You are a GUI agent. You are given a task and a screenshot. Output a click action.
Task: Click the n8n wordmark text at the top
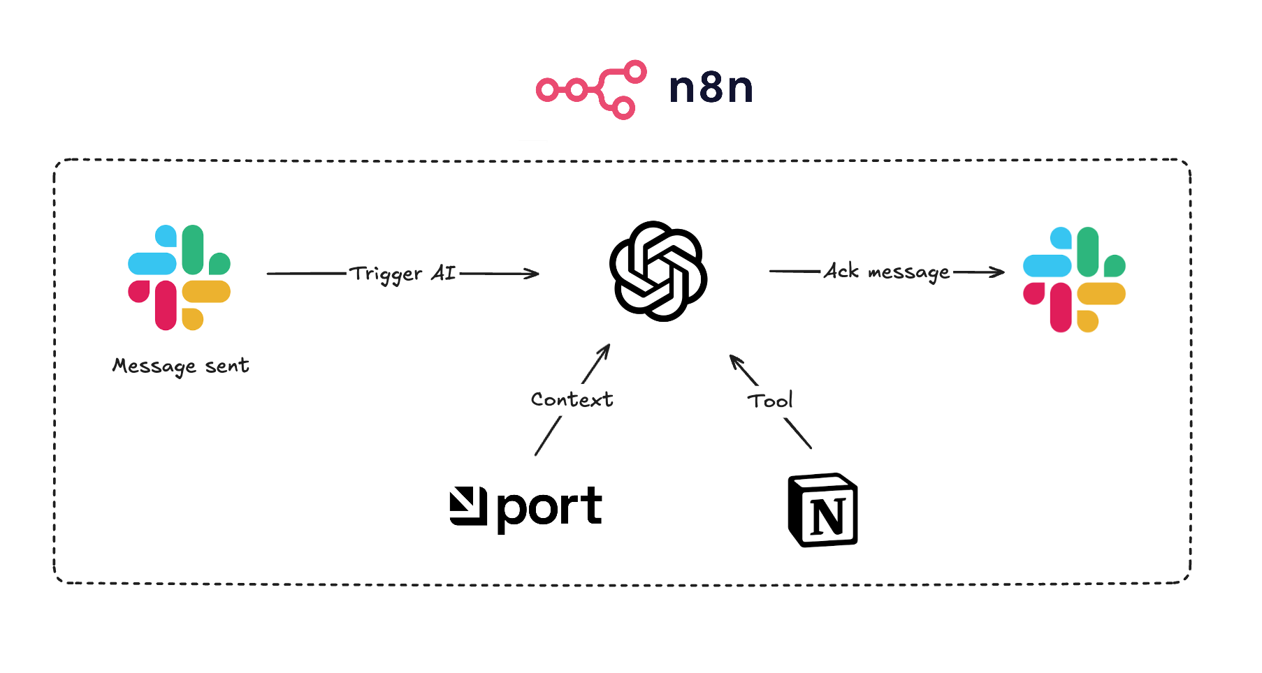(x=711, y=88)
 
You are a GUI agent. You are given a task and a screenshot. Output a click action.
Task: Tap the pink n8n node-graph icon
(x=591, y=89)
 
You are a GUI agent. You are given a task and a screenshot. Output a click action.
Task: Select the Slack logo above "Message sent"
(x=179, y=277)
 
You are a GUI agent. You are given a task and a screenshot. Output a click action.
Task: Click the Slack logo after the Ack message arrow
(x=1074, y=279)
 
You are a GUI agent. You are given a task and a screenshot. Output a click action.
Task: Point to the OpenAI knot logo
(x=658, y=271)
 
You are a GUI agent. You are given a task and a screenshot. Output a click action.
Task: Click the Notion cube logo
(x=822, y=510)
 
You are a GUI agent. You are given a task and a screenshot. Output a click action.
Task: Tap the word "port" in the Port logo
(x=549, y=508)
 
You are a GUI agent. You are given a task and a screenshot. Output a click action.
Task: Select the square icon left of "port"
(x=467, y=506)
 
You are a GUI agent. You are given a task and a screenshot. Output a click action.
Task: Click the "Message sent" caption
(x=180, y=366)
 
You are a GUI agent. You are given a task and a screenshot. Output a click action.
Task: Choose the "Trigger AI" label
(x=403, y=274)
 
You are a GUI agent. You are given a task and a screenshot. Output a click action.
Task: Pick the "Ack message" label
(x=887, y=272)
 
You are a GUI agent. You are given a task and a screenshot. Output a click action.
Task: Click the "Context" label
(x=572, y=399)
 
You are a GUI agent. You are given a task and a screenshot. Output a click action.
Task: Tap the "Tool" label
(x=770, y=401)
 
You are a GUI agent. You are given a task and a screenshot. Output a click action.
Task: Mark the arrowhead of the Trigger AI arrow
(x=535, y=274)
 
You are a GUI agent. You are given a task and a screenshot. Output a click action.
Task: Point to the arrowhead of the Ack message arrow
(x=999, y=272)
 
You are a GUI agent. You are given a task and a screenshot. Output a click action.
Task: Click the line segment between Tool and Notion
(x=798, y=433)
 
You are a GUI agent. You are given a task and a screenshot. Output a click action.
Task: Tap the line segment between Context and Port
(x=548, y=436)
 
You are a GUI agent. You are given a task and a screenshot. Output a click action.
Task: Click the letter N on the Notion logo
(x=828, y=517)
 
